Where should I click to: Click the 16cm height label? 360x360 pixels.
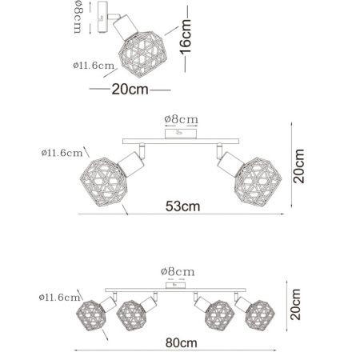[x=186, y=37]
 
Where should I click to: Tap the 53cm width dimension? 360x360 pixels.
[x=182, y=206]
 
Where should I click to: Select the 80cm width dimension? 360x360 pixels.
[x=182, y=343]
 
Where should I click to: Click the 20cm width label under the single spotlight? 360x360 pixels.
[x=130, y=90]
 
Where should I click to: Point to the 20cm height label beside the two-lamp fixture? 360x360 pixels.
[x=298, y=166]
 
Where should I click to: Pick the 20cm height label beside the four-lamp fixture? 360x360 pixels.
[x=295, y=304]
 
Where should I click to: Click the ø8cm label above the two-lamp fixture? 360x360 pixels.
[x=182, y=119]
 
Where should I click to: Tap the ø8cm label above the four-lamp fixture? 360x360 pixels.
[x=178, y=272]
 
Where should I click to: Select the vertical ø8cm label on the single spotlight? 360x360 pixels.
[x=78, y=18]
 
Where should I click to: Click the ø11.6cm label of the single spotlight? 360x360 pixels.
[x=94, y=66]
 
